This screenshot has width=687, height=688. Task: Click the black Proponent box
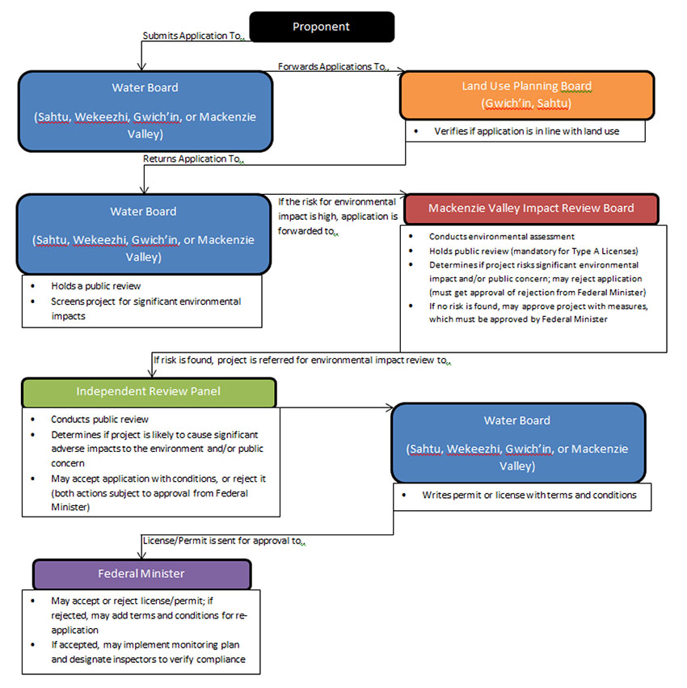tap(321, 27)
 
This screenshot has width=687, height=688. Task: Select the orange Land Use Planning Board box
tap(526, 95)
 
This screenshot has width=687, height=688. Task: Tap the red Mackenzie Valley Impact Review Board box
tap(531, 208)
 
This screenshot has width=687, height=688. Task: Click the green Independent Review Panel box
tap(148, 391)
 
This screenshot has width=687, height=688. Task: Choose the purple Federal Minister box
tap(141, 573)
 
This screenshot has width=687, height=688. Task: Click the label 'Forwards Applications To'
tap(333, 66)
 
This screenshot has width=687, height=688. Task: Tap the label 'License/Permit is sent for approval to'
tap(223, 541)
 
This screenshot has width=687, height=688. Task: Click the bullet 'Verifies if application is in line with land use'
tap(526, 131)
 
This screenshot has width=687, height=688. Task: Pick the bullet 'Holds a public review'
tap(96, 286)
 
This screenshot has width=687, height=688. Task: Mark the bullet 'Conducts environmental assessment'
tap(502, 236)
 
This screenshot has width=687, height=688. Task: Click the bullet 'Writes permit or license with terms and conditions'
tap(529, 495)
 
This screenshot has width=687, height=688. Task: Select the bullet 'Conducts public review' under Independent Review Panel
tap(99, 420)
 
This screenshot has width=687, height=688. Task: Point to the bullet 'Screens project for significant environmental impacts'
tap(145, 308)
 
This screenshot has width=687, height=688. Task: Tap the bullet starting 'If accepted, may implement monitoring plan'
tap(145, 652)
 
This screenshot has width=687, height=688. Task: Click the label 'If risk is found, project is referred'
tap(299, 361)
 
